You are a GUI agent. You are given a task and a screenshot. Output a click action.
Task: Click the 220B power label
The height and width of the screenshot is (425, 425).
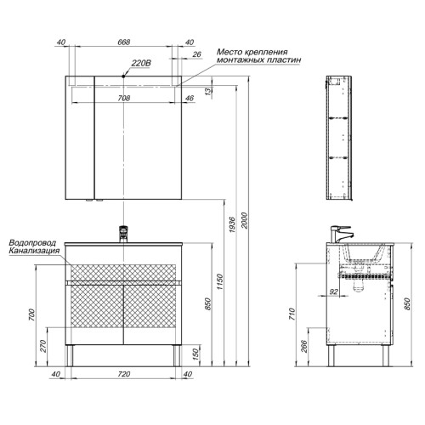141,64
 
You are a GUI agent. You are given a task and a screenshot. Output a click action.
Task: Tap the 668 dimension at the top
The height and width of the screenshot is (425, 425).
124,42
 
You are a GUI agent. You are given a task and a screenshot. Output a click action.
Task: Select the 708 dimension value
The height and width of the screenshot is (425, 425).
124,98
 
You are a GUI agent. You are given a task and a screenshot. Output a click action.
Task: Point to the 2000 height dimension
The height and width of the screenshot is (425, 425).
245,221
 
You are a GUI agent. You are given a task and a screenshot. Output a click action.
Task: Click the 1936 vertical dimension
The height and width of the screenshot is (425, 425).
232,224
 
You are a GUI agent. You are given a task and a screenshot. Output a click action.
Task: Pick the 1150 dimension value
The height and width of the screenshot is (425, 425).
220,281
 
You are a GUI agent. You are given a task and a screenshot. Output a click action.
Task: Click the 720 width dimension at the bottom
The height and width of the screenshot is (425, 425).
124,374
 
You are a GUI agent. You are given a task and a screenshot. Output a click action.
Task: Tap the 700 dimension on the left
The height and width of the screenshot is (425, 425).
31,314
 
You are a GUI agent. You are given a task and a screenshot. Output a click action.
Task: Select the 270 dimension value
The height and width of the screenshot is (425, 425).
43,346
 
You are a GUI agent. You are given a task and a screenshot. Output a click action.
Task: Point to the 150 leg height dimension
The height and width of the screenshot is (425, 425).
196,354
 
